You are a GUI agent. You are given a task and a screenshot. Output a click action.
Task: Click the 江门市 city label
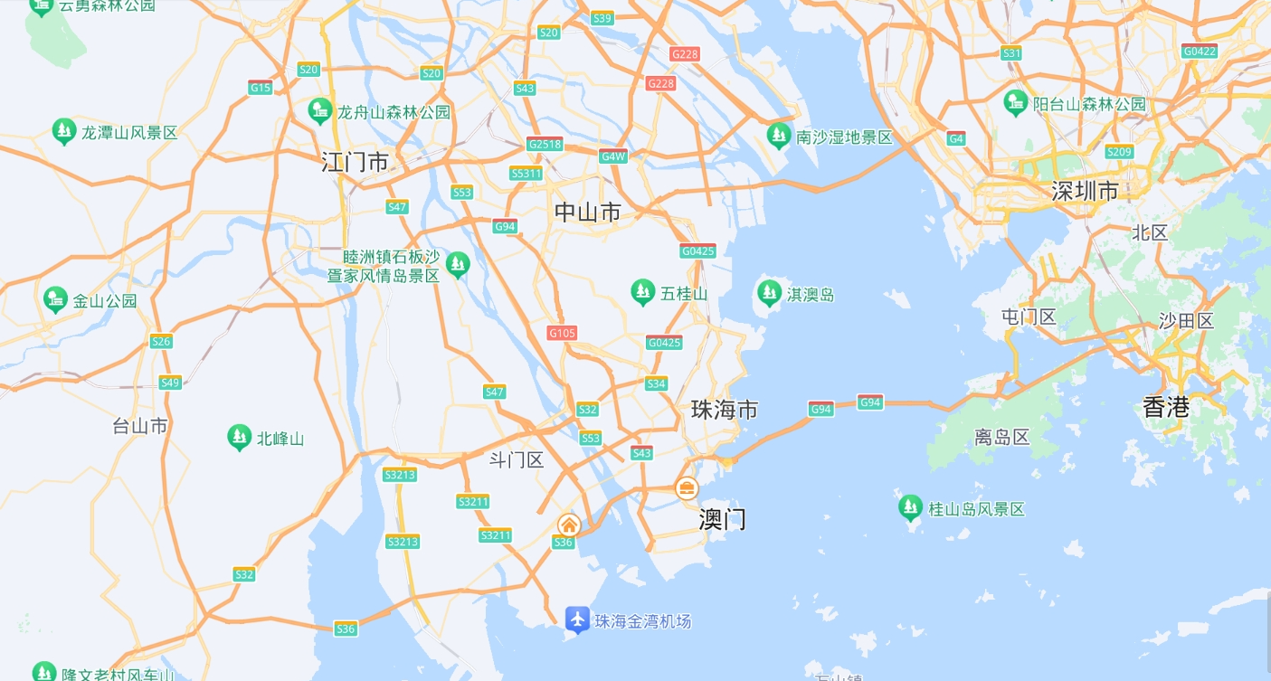click(356, 163)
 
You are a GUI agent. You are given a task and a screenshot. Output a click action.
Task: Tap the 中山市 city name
click(588, 213)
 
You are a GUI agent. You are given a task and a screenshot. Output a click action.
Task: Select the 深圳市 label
click(1085, 191)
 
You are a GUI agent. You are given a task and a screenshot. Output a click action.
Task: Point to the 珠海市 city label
click(725, 410)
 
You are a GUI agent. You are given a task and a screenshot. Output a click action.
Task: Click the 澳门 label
click(723, 519)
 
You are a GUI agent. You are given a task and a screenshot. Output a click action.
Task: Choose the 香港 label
click(1166, 407)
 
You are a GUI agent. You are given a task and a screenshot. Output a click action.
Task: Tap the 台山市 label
click(140, 425)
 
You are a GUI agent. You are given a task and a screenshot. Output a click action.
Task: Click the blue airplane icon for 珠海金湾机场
click(577, 620)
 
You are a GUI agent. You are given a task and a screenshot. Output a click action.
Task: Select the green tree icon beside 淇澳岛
click(769, 293)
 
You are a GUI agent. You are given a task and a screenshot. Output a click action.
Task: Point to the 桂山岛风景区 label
click(977, 509)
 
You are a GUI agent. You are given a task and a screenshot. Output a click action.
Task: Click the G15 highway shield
click(261, 87)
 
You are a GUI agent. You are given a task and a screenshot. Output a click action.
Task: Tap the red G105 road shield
click(562, 333)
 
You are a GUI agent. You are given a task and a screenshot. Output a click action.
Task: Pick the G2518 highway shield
click(545, 144)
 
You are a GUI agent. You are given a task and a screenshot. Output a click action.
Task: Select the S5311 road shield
click(526, 173)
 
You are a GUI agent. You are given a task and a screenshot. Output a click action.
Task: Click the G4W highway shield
click(613, 156)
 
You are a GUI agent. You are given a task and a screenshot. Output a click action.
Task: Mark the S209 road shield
click(1119, 152)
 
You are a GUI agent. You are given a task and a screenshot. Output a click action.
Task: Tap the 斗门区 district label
click(517, 460)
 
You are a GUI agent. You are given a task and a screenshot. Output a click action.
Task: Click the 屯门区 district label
click(1029, 317)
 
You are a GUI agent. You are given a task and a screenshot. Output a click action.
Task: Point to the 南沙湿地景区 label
click(844, 137)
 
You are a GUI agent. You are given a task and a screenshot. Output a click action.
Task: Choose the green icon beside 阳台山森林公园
click(1016, 103)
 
